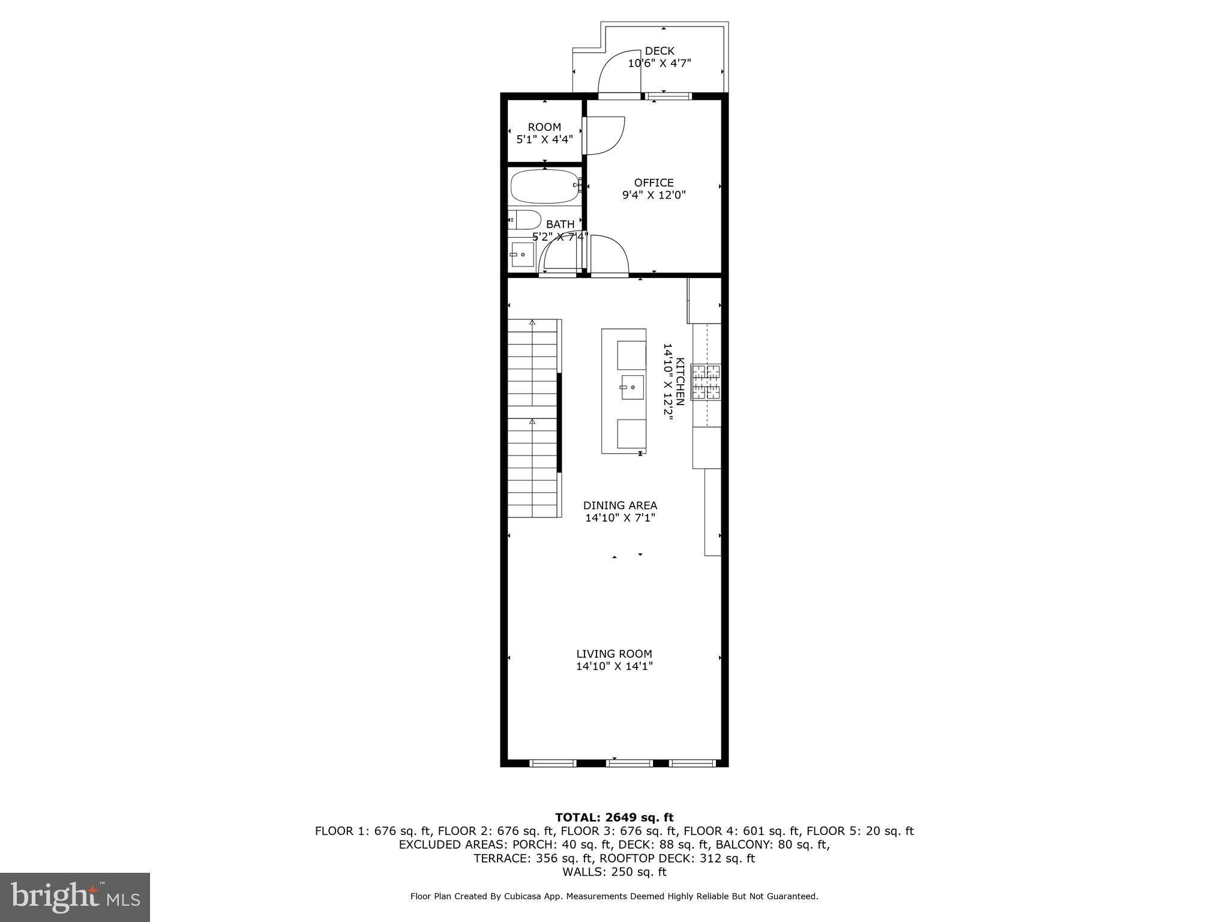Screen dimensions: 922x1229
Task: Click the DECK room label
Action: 660,51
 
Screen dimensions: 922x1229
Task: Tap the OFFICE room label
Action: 654,182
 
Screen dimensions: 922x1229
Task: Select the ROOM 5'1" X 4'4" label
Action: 544,133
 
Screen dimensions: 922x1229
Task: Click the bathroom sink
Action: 521,255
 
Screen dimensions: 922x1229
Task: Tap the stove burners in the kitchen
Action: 706,382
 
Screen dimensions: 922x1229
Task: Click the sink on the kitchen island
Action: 632,387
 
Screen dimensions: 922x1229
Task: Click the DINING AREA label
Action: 620,505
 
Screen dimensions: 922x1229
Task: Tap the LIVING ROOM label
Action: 614,654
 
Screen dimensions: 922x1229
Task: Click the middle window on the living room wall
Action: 629,763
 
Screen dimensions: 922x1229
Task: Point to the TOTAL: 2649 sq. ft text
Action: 614,817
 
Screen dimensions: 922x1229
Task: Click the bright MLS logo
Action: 74,897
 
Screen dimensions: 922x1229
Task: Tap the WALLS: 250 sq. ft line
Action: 614,872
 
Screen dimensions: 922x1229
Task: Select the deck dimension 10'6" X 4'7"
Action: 660,64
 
